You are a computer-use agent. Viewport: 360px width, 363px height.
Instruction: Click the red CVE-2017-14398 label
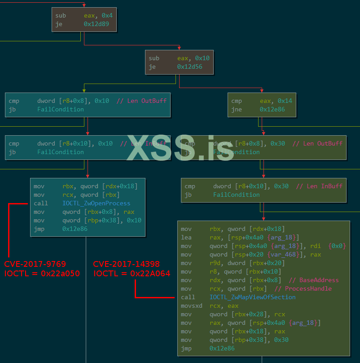[126, 264]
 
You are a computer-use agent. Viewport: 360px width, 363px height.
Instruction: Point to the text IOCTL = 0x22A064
[132, 273]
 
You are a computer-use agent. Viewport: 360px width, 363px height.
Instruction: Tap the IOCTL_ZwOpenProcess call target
[97, 204]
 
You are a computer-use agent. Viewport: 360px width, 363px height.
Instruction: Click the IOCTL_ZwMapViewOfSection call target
[253, 297]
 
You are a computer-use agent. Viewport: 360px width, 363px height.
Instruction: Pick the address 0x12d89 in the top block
[97, 24]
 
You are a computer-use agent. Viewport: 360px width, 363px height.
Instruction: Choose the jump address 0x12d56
[190, 67]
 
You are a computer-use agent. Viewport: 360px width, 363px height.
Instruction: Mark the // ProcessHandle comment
[303, 288]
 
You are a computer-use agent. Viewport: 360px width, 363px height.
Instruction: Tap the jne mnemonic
[237, 110]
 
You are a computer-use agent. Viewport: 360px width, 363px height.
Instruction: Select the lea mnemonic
[186, 238]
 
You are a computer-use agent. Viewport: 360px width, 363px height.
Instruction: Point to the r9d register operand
[215, 263]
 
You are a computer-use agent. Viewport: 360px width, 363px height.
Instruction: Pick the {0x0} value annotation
[338, 246]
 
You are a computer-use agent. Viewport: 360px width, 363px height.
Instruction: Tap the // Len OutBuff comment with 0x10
[141, 101]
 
